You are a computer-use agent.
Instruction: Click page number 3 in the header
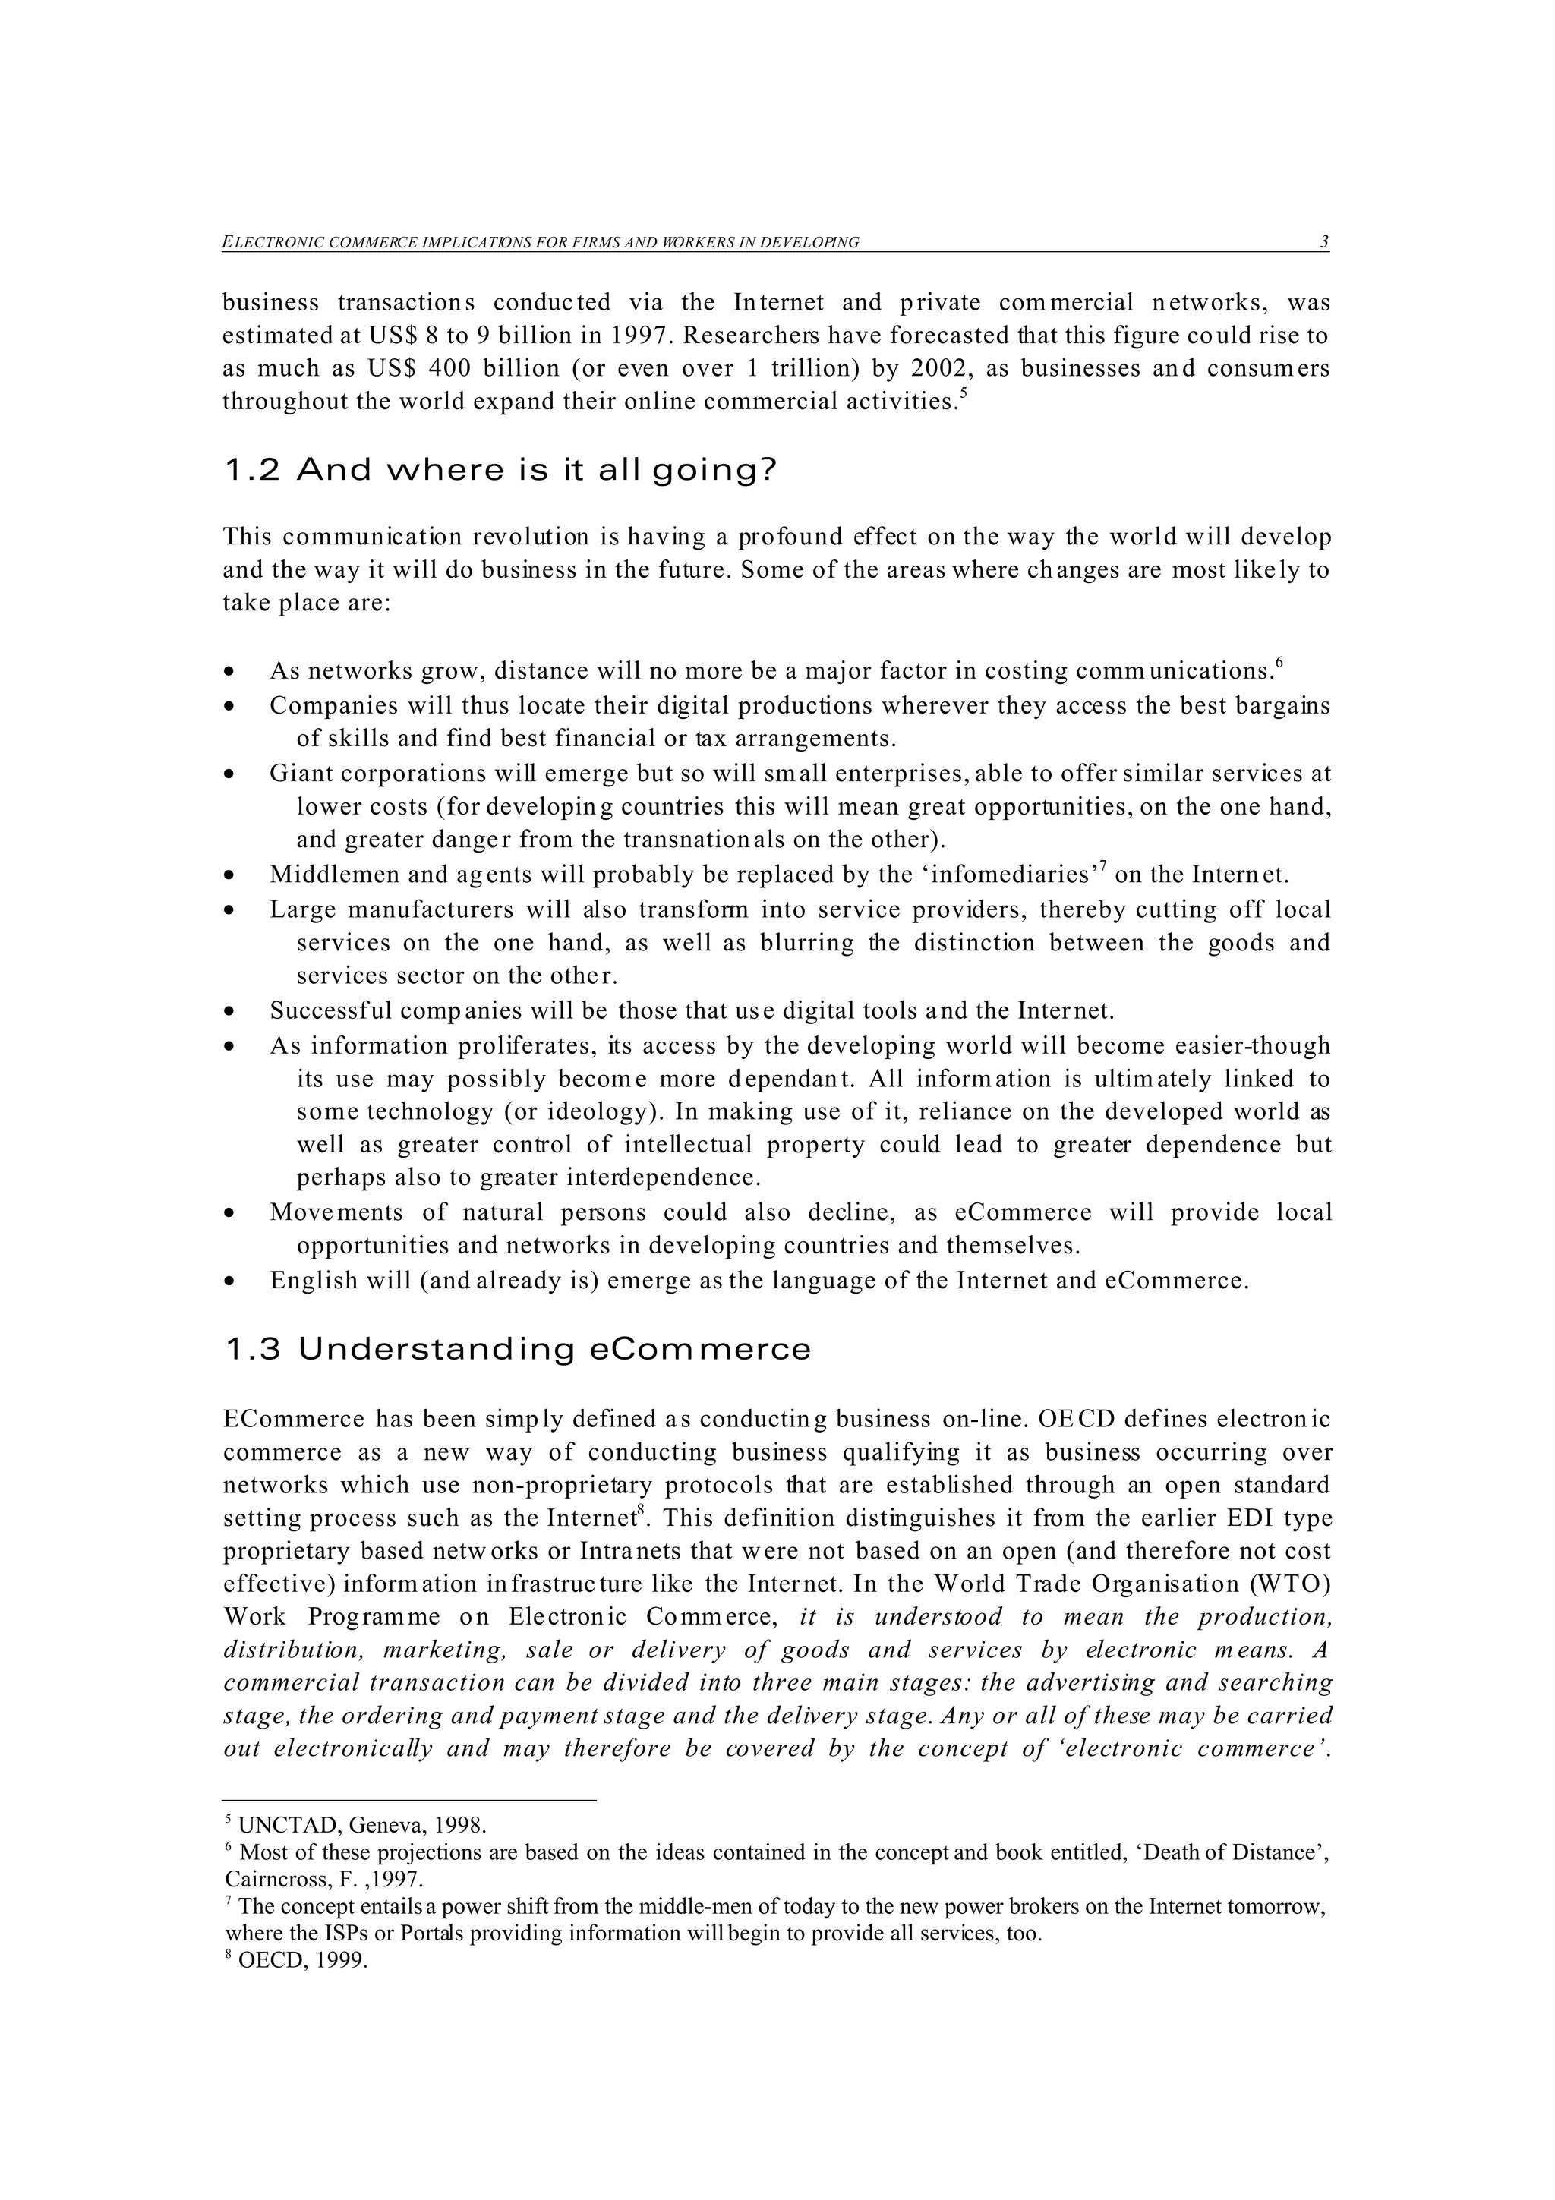pyautogui.click(x=1324, y=242)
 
